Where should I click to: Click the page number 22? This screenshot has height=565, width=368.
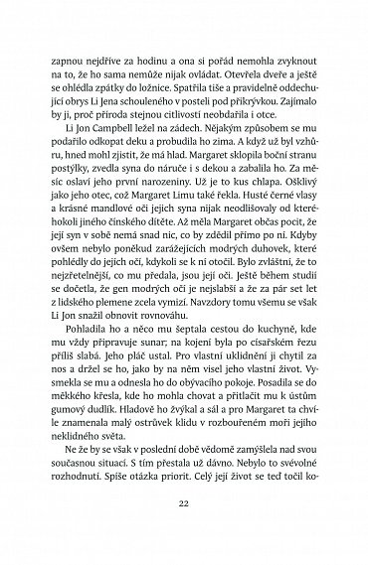(x=184, y=504)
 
